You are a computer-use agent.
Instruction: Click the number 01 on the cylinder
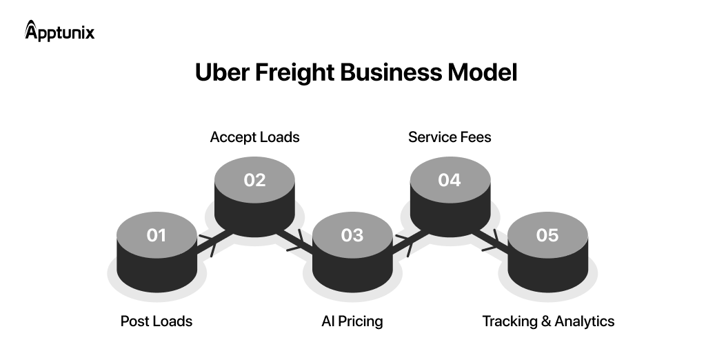point(157,235)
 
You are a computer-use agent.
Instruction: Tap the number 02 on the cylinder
point(254,180)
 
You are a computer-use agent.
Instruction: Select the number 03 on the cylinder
point(352,235)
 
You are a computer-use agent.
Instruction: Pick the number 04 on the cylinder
point(450,180)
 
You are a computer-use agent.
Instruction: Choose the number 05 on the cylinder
point(547,235)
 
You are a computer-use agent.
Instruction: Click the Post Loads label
point(157,321)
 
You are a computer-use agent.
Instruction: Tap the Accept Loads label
point(254,137)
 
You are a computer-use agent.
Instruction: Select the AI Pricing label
point(352,321)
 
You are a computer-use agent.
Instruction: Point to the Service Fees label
point(450,137)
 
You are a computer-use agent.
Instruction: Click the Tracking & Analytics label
point(548,321)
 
